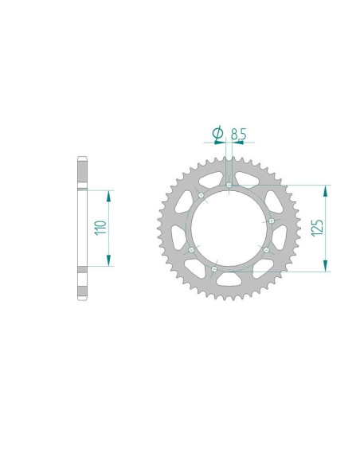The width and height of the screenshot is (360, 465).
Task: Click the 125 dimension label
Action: click(317, 228)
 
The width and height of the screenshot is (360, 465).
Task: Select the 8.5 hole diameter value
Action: click(237, 133)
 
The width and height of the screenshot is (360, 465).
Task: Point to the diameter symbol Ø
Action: click(217, 132)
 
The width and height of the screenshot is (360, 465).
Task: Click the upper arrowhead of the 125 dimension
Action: click(325, 190)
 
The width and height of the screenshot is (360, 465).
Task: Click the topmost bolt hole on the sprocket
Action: click(229, 186)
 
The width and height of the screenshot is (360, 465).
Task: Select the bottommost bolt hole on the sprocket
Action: click(214, 270)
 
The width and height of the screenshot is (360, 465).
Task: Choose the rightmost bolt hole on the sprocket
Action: click(272, 221)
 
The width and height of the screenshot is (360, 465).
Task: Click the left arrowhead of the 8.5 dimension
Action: click(224, 143)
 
